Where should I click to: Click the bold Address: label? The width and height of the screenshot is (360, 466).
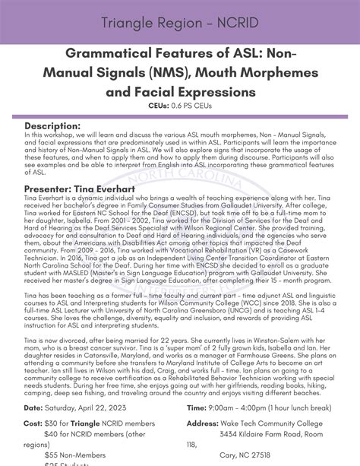[x=203, y=423]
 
